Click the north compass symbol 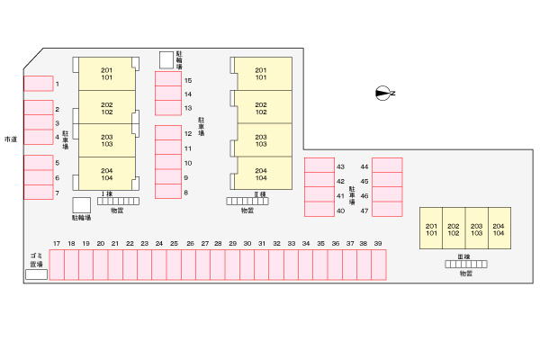click(x=385, y=93)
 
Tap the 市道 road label click(x=11, y=139)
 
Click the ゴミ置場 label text click(x=36, y=261)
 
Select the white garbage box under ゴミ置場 click(x=36, y=274)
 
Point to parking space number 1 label click(x=57, y=84)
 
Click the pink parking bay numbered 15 click(x=168, y=79)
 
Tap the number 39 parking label click(x=378, y=244)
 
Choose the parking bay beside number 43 click(x=319, y=166)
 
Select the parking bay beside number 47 click(x=387, y=210)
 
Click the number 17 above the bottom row click(x=57, y=244)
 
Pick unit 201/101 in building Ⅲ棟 click(x=431, y=229)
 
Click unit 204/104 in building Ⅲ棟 click(x=499, y=229)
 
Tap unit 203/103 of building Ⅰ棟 click(x=107, y=140)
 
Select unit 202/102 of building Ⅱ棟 click(x=261, y=108)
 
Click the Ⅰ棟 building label click(x=106, y=193)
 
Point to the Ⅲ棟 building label click(x=464, y=256)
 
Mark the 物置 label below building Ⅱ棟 click(x=247, y=210)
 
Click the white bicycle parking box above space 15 click(x=166, y=59)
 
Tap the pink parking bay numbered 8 click(x=168, y=191)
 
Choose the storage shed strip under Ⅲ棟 click(x=465, y=265)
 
